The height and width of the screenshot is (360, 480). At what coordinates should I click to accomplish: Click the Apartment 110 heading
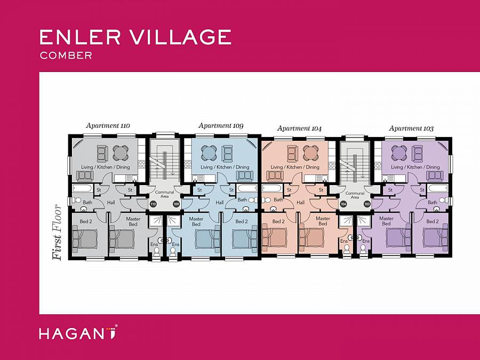click(108, 126)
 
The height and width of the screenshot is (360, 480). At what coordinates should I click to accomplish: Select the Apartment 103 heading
click(411, 129)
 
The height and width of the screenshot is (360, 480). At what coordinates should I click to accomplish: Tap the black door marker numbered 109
click(177, 204)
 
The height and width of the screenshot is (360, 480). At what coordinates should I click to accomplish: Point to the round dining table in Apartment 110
click(122, 154)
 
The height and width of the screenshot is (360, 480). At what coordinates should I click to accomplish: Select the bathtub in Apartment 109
click(246, 188)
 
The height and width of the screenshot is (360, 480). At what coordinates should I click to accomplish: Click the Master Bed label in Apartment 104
click(323, 221)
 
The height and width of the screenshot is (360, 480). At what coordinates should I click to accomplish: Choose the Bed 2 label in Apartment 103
click(433, 221)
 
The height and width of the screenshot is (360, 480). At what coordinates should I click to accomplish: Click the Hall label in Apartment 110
click(111, 203)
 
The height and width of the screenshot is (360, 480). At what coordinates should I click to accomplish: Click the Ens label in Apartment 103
click(366, 241)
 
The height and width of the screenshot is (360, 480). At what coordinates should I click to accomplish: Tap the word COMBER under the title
click(66, 55)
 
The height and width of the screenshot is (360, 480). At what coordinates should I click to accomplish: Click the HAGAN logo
click(78, 334)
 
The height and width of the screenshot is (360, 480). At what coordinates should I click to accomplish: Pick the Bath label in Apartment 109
click(242, 200)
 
